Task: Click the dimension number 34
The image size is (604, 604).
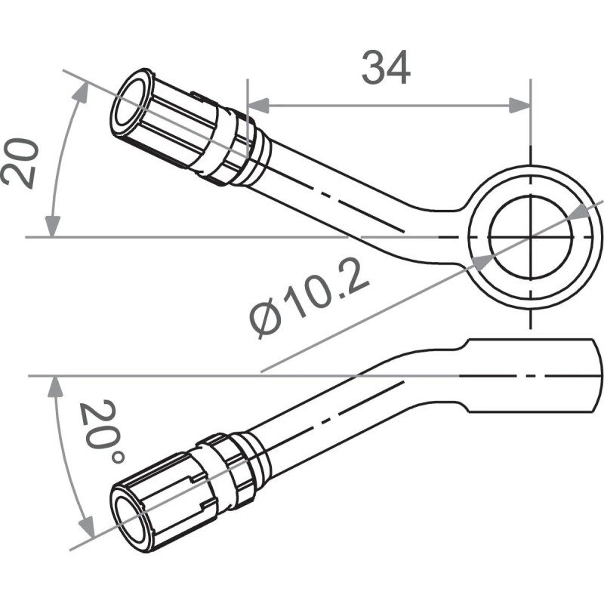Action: pyautogui.click(x=386, y=68)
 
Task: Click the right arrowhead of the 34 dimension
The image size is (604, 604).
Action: pyautogui.click(x=519, y=106)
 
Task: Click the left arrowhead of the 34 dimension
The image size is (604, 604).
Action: pyautogui.click(x=259, y=106)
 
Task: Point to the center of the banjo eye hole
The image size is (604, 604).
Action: pyautogui.click(x=532, y=237)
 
